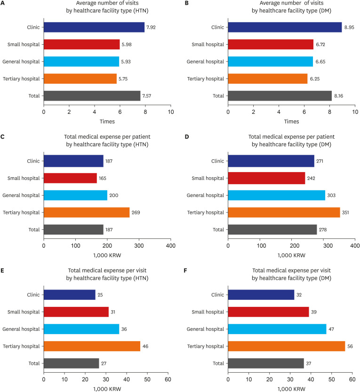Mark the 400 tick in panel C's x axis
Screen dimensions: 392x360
(171, 245)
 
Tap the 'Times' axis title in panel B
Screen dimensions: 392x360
(291, 122)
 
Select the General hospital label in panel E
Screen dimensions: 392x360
(22, 329)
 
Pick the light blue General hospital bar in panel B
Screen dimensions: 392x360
(271, 62)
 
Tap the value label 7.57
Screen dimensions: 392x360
(148, 96)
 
